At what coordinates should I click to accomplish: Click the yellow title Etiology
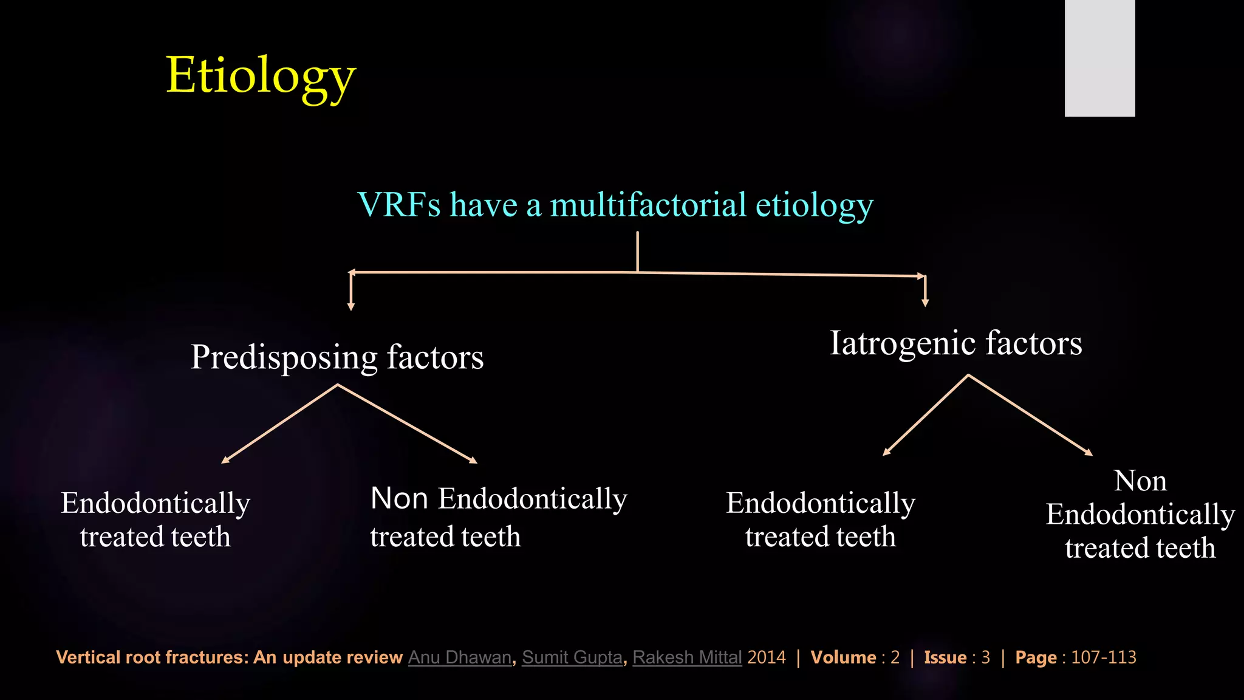pyautogui.click(x=261, y=76)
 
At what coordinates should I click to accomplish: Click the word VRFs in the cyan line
pyautogui.click(x=399, y=205)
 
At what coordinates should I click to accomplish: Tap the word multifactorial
pyautogui.click(x=648, y=205)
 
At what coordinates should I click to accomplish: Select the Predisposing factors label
pyautogui.click(x=337, y=357)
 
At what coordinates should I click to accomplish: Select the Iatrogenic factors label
pyautogui.click(x=955, y=343)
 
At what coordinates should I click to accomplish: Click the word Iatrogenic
pyautogui.click(x=903, y=343)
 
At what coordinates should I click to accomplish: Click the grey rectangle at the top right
pyautogui.click(x=1099, y=58)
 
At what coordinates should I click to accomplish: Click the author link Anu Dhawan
pyautogui.click(x=460, y=657)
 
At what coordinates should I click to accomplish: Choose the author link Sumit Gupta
pyautogui.click(x=572, y=657)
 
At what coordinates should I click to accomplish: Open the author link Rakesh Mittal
pyautogui.click(x=687, y=657)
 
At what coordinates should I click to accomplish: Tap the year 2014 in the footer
pyautogui.click(x=767, y=657)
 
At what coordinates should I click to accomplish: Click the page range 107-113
pyautogui.click(x=1103, y=657)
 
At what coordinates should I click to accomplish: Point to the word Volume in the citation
pyautogui.click(x=843, y=657)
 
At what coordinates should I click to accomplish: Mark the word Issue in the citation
pyautogui.click(x=945, y=657)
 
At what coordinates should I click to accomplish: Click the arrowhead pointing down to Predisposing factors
pyautogui.click(x=351, y=307)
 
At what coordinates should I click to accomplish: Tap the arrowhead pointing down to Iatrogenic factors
pyautogui.click(x=925, y=303)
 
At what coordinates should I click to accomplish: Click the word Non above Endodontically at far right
pyautogui.click(x=1140, y=481)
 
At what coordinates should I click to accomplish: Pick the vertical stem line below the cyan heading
pyautogui.click(x=637, y=252)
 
